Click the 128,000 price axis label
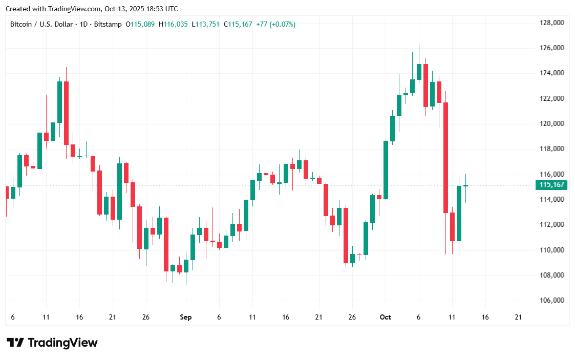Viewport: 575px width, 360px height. [551, 23]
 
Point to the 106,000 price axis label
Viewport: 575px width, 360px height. [551, 301]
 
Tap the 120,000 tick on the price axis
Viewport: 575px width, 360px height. [551, 123]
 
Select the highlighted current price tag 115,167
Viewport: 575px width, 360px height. [551, 185]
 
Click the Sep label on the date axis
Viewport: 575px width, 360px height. [186, 317]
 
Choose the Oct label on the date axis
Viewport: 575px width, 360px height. [386, 317]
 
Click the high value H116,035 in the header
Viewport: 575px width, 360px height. [173, 24]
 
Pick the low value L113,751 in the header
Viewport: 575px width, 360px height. [205, 24]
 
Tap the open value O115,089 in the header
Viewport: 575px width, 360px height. [141, 24]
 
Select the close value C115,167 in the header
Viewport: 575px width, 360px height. [238, 24]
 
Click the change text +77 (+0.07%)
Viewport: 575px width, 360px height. [275, 24]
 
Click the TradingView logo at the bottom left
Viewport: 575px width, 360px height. [52, 343]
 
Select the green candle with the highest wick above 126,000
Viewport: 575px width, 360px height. [419, 72]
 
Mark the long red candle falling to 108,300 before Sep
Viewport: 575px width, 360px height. [166, 244]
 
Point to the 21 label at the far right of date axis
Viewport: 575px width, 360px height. [518, 317]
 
